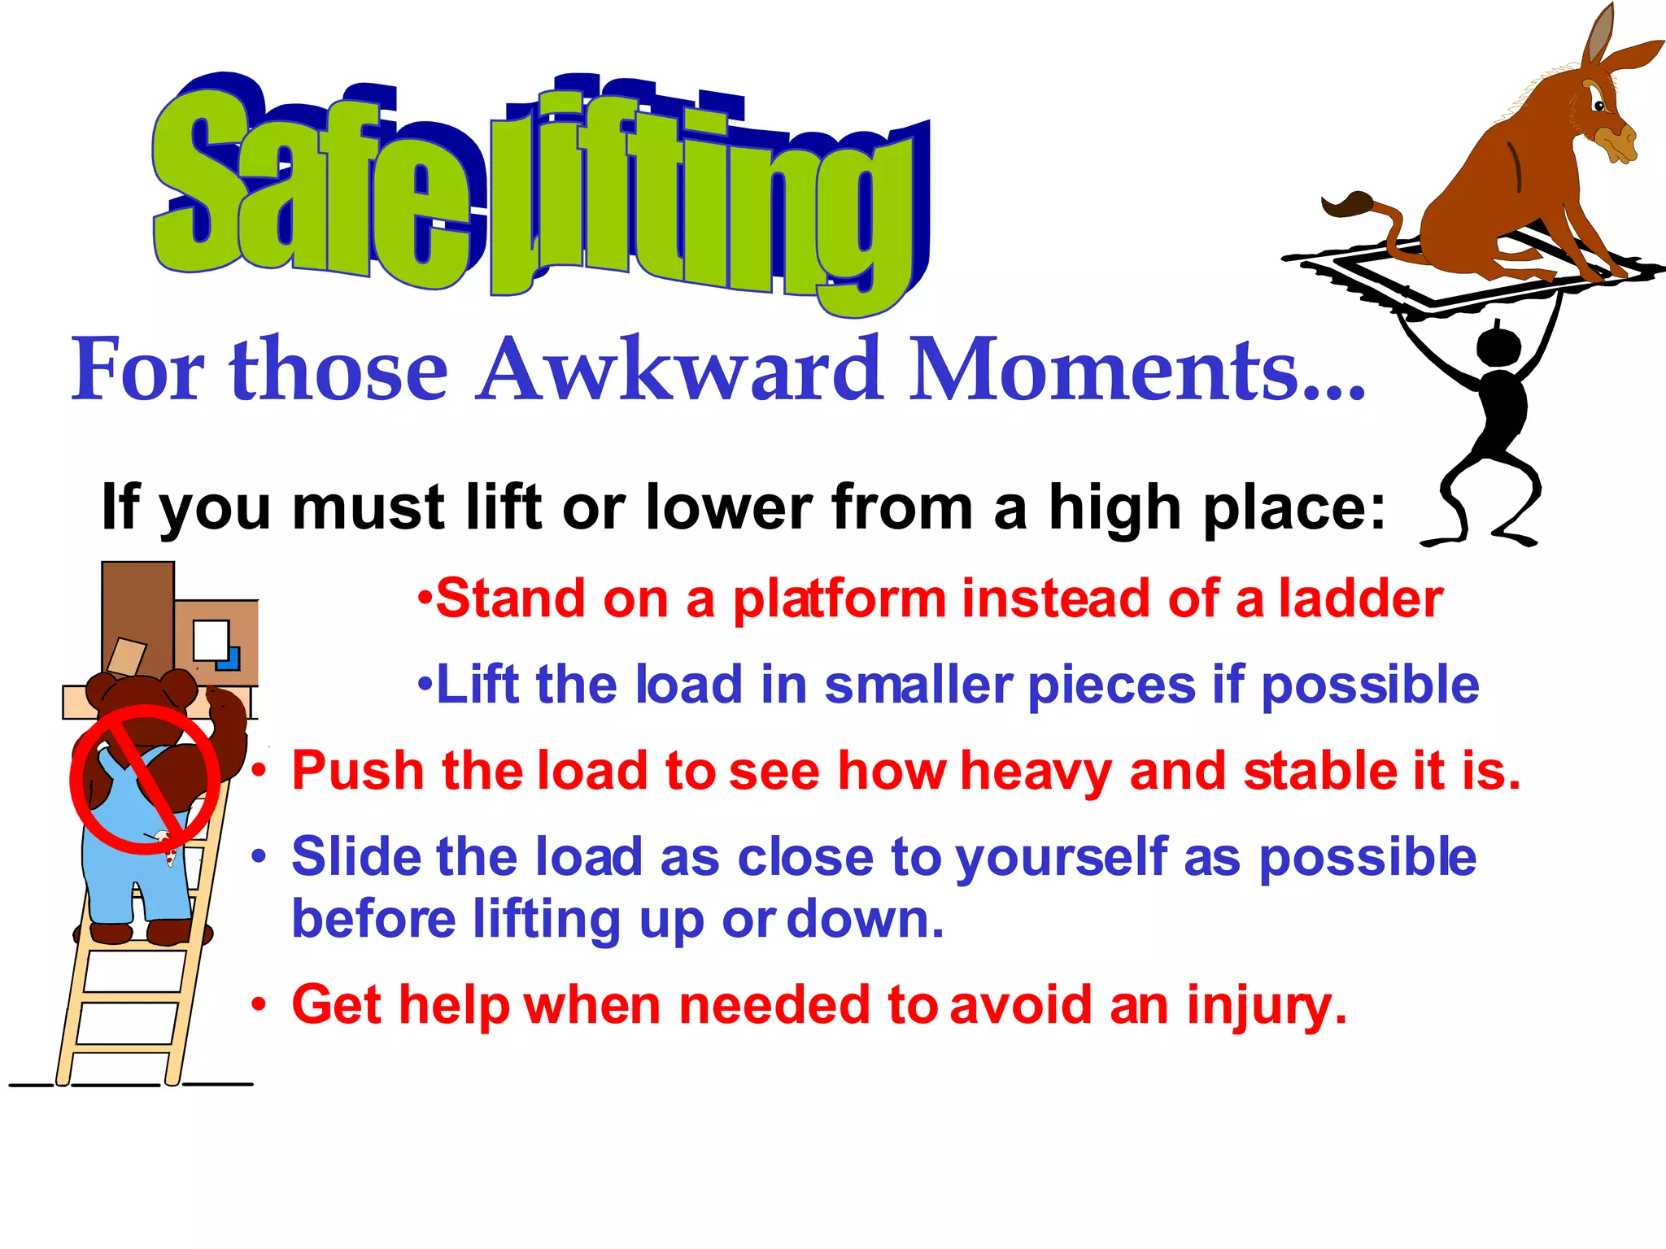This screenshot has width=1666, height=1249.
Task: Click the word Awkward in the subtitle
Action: point(680,370)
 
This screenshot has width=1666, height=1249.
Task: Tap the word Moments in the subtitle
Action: point(1106,370)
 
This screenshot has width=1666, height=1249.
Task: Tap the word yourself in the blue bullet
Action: point(1061,859)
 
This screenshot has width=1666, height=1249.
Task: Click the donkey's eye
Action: point(1598,105)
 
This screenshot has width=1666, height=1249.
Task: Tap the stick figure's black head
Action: point(1498,346)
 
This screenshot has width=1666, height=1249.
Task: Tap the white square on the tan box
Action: point(210,640)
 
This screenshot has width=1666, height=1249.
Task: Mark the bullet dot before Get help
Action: point(259,1006)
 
